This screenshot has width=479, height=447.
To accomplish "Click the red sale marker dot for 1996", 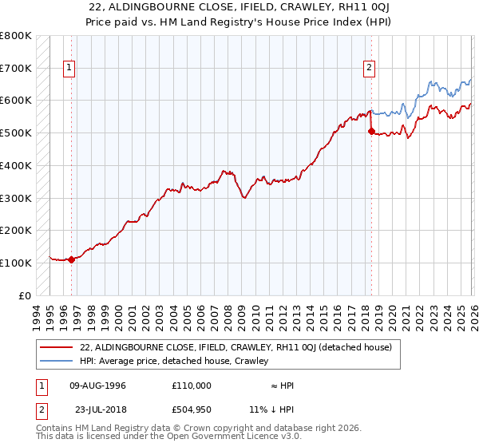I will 71,259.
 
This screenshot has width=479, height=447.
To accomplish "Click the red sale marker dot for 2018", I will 371,132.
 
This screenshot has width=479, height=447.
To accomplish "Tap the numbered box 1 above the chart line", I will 70,69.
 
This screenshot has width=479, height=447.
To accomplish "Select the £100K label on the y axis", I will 15,263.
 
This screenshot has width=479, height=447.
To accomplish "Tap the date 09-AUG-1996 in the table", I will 98,386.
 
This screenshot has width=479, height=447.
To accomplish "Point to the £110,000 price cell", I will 192,386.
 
